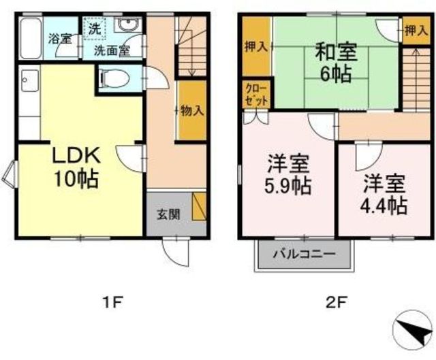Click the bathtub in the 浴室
[31, 38]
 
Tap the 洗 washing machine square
[95, 29]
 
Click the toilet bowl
[115, 78]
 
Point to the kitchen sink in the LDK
[29, 80]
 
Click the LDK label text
[76, 156]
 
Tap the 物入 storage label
[192, 111]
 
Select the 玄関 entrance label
[168, 214]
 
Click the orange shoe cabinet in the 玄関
[198, 206]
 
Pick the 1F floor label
[112, 303]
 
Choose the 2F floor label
[337, 303]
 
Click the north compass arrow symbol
[413, 329]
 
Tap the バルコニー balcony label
[305, 254]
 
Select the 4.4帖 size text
[384, 206]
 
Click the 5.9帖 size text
[287, 186]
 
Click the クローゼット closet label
[256, 95]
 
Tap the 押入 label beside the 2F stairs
[416, 31]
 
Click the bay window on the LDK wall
[10, 175]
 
